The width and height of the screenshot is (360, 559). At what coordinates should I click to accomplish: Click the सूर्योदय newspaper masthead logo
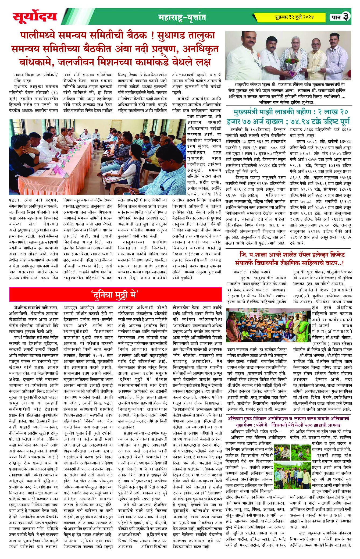tap(35, 17)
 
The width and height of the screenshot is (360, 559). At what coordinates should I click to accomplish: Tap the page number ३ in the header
tap(346, 17)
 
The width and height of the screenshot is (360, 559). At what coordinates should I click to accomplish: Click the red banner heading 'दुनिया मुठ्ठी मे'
tap(115, 294)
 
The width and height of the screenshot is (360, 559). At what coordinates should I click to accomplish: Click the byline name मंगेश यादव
tap(23, 80)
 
